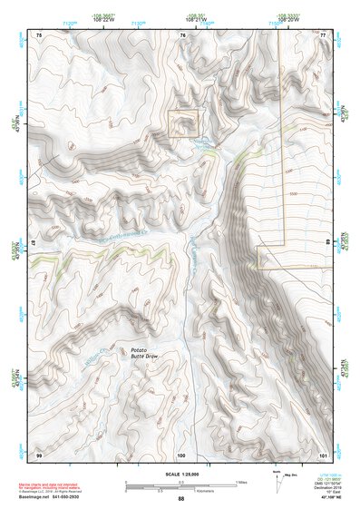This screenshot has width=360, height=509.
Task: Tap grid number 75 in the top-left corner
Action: (x=39, y=34)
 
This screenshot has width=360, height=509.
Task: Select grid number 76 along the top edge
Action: (x=182, y=34)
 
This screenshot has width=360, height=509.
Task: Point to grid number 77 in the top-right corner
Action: (x=323, y=34)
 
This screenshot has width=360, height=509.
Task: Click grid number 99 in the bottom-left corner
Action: (x=39, y=454)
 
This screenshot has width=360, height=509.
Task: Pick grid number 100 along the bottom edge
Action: (x=181, y=454)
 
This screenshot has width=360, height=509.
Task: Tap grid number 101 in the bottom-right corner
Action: (x=323, y=454)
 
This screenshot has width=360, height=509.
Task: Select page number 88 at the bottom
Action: (x=180, y=499)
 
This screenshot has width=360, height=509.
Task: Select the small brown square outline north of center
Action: (x=182, y=123)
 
